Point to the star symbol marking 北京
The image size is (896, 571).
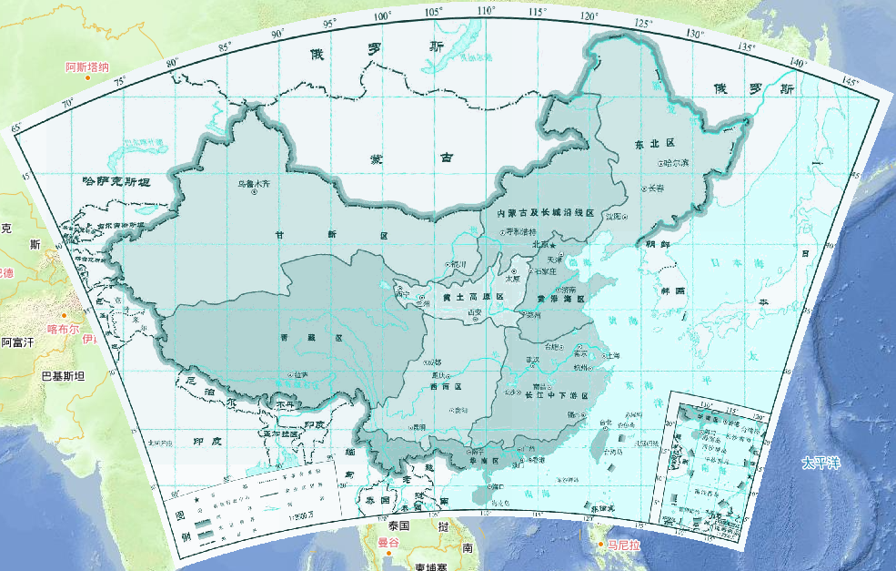coord(551,244)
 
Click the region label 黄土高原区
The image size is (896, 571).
coord(466,297)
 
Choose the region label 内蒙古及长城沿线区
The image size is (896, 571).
coord(545,213)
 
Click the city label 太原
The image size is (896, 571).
coord(514,279)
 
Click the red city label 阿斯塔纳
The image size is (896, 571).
coord(87,67)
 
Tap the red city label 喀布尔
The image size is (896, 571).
coord(63,330)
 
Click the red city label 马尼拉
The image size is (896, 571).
coord(625,545)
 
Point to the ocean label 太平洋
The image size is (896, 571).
coord(822,463)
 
